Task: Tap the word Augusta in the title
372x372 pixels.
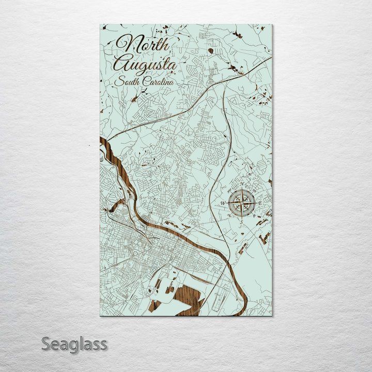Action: pyautogui.click(x=145, y=65)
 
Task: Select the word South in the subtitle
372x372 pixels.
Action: pyautogui.click(x=127, y=81)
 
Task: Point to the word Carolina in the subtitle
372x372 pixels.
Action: pyautogui.click(x=157, y=82)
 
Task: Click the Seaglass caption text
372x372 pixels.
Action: pyautogui.click(x=74, y=344)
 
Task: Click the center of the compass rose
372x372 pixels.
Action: pyautogui.click(x=242, y=203)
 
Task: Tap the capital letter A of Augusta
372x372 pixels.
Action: pyautogui.click(x=122, y=64)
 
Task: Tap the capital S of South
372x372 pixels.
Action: pyautogui.click(x=118, y=81)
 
